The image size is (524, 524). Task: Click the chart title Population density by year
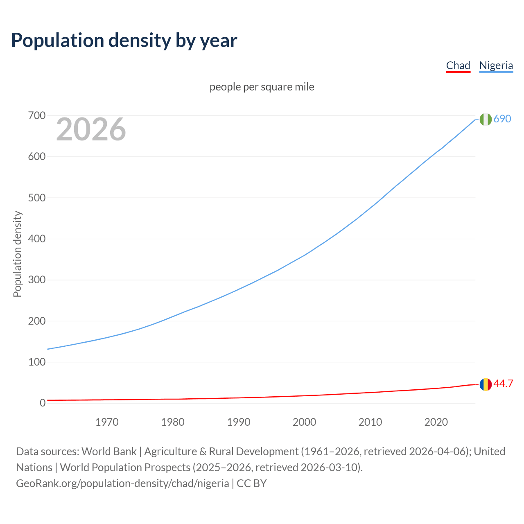tap(124, 40)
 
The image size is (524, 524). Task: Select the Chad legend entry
tap(458, 65)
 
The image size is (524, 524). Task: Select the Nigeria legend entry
tap(496, 65)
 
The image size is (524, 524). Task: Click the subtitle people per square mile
tap(262, 87)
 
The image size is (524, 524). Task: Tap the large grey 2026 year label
tap(91, 129)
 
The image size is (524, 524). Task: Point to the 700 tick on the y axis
tap(37, 116)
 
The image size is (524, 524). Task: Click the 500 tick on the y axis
tap(37, 198)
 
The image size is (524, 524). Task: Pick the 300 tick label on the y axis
tap(37, 280)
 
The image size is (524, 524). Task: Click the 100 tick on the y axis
tap(37, 362)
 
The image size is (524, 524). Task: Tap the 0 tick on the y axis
tap(43, 403)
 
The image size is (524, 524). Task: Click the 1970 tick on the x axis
tap(107, 422)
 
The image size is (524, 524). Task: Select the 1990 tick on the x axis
tap(239, 422)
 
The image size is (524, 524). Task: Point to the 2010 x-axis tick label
tap(370, 422)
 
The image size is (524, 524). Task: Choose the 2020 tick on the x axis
tap(436, 422)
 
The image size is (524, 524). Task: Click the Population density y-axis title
tap(17, 254)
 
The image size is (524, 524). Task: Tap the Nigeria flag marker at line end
tap(486, 119)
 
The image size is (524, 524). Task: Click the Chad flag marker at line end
tap(486, 384)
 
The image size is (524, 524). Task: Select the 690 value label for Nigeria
tap(502, 119)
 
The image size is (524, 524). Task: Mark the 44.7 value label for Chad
tap(503, 384)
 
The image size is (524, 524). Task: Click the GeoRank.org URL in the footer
tap(122, 483)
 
